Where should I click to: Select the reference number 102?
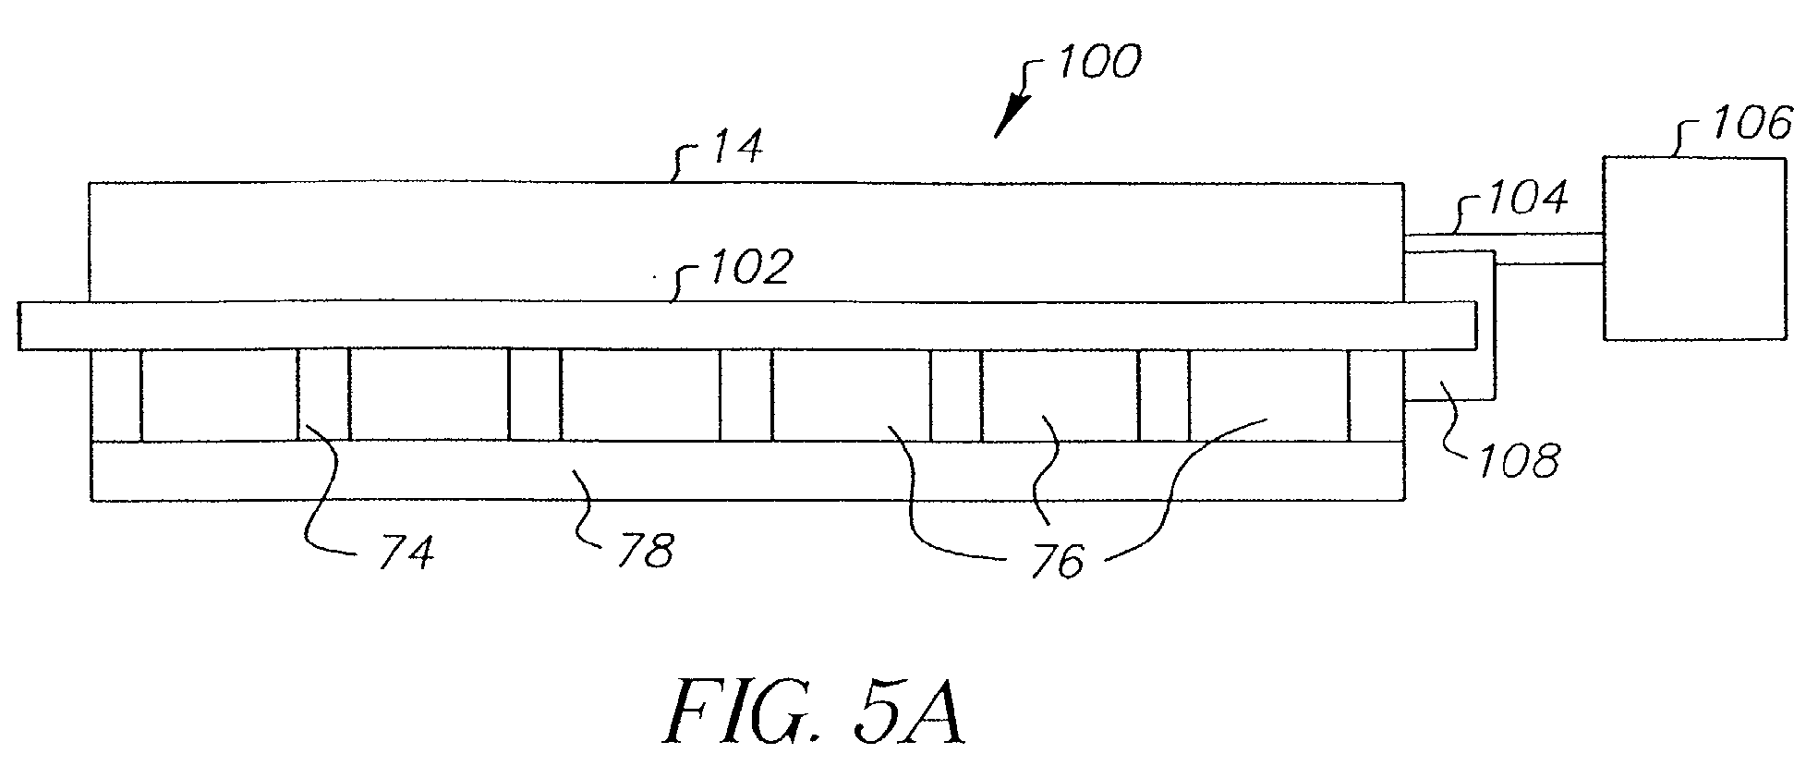click(x=750, y=266)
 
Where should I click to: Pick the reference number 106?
click(x=1751, y=123)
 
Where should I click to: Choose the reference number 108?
click(x=1519, y=459)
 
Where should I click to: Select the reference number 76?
click(x=1058, y=561)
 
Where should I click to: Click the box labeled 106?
click(x=1694, y=249)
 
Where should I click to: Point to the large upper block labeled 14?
click(x=746, y=242)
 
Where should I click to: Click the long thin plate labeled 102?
click(x=746, y=325)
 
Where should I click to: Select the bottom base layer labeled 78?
click(x=747, y=470)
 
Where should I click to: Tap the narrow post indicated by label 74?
click(x=323, y=395)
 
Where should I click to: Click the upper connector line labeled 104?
click(x=1503, y=234)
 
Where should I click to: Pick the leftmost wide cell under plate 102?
click(x=220, y=395)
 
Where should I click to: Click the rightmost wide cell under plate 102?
click(x=1269, y=395)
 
